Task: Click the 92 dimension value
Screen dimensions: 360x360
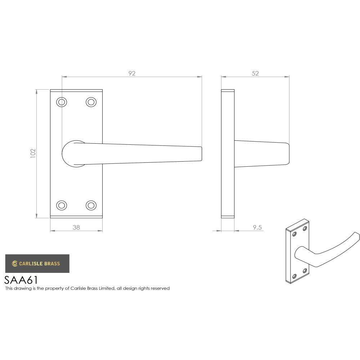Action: click(132, 73)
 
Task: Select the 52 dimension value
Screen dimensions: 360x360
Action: click(255, 73)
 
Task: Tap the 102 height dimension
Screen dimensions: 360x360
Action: click(33, 153)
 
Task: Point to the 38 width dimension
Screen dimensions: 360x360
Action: click(76, 227)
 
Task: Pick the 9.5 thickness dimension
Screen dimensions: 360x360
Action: click(257, 227)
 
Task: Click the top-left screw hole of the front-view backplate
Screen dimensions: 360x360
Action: click(62, 102)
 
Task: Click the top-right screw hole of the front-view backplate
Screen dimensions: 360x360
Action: click(91, 102)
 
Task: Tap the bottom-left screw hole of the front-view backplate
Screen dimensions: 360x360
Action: click(62, 205)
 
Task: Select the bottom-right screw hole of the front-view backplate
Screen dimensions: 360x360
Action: click(91, 205)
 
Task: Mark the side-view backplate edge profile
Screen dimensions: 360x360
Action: click(227, 153)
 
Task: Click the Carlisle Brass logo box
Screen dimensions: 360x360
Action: click(37, 264)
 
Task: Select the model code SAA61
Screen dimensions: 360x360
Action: click(21, 280)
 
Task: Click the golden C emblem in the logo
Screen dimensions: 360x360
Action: click(15, 264)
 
